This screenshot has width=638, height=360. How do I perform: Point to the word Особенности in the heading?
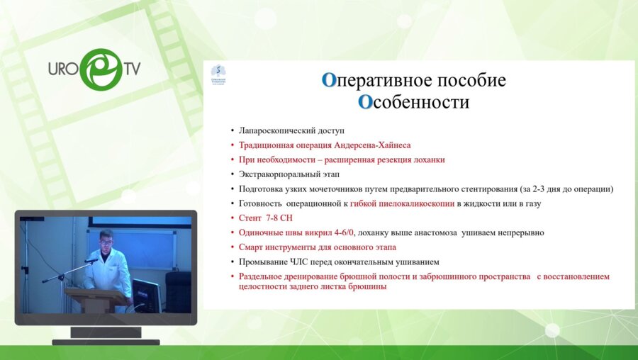point(413,102)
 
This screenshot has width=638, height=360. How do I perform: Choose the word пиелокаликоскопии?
point(412,204)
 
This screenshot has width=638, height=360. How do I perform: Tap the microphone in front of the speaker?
point(91,261)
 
